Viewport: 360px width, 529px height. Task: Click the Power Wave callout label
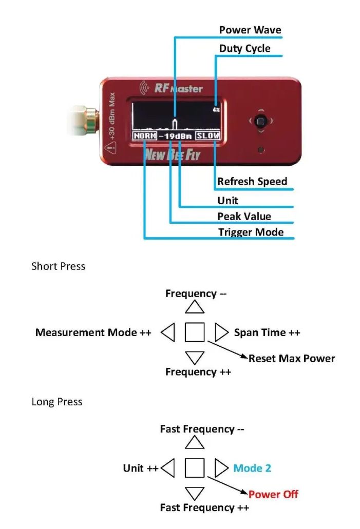pos(250,30)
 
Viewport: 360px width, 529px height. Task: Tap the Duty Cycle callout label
pos(244,49)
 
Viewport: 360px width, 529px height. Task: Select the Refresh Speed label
pos(252,182)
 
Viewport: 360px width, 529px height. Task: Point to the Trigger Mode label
pos(251,232)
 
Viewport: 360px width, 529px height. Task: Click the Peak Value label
pos(244,217)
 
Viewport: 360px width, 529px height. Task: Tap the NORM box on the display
pos(144,136)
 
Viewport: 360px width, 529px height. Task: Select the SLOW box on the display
pos(208,136)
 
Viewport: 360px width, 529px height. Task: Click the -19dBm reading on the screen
pos(176,136)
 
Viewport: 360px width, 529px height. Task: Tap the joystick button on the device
pos(261,122)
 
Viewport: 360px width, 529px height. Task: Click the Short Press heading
pos(58,266)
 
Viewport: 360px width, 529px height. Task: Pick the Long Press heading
pos(56,402)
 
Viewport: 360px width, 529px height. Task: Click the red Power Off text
pos(273,495)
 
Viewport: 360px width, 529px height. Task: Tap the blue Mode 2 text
pos(252,468)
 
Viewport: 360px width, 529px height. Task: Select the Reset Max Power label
pos(292,358)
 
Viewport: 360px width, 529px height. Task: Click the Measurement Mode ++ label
pos(93,332)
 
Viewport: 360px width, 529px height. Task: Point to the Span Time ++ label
pos(267,332)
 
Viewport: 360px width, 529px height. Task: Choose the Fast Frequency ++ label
pos(204,508)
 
